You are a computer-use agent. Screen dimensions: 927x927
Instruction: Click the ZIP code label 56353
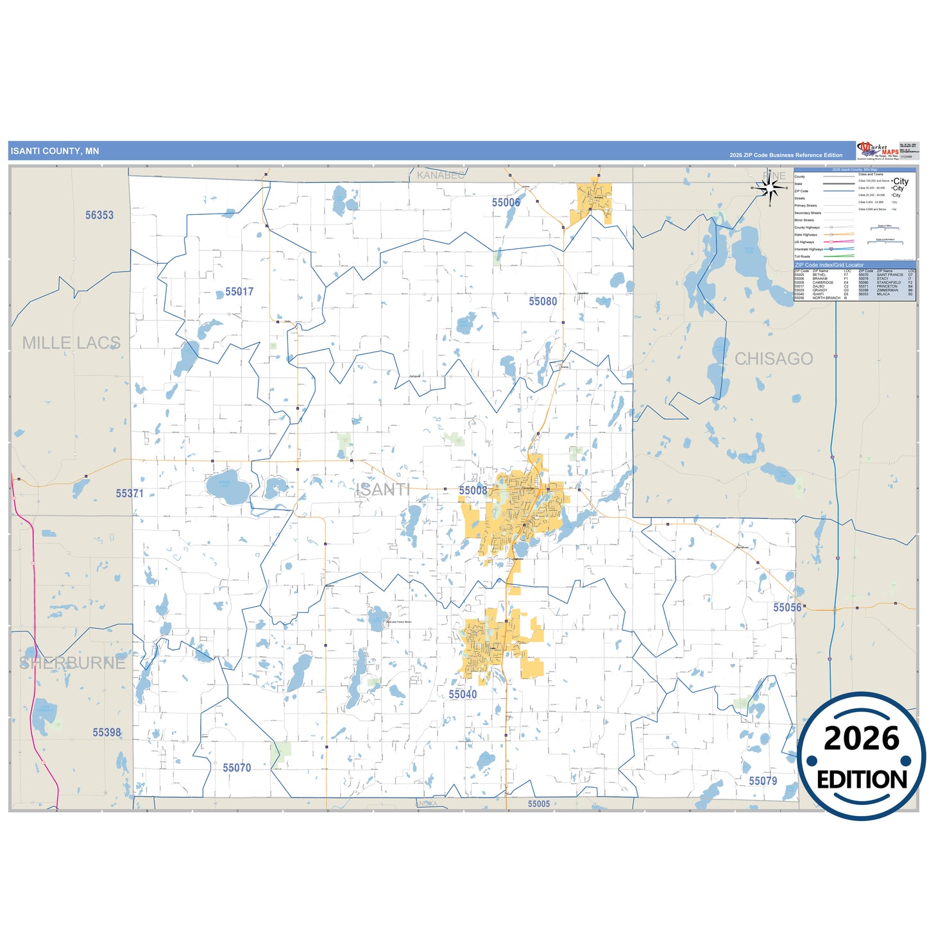click(x=99, y=216)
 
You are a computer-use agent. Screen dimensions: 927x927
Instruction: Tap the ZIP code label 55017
click(x=239, y=292)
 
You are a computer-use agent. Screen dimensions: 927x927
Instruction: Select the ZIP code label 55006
click(x=506, y=203)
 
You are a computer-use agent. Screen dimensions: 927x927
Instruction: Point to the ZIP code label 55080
click(x=543, y=302)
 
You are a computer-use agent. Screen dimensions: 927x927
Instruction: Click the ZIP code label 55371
click(x=130, y=493)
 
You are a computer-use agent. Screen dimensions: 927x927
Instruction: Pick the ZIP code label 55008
click(x=473, y=491)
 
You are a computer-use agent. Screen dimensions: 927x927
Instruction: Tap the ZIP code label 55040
click(x=463, y=695)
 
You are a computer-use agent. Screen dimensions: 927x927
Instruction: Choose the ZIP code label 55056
click(x=787, y=608)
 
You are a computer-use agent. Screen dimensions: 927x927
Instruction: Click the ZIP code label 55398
click(x=106, y=733)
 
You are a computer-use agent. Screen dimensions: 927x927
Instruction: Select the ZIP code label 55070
click(x=237, y=768)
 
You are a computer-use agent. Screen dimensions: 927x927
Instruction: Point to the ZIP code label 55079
click(x=763, y=781)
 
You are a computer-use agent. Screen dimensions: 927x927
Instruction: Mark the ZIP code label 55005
click(x=539, y=804)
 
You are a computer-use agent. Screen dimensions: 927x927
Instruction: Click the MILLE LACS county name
click(x=71, y=343)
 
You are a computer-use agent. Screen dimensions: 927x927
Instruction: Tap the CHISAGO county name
click(x=774, y=359)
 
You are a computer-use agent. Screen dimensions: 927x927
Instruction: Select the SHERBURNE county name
click(x=72, y=663)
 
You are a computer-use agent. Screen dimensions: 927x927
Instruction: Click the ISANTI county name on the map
click(x=383, y=490)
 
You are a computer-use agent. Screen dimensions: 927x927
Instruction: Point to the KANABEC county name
click(x=441, y=175)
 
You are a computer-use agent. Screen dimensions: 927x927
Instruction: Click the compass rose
click(x=770, y=188)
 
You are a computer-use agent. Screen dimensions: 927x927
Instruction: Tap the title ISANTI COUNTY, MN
click(x=55, y=151)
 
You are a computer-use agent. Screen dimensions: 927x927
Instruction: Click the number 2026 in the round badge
click(x=862, y=739)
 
